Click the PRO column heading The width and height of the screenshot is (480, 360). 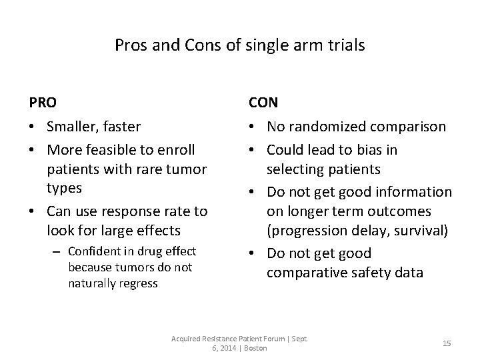(43, 103)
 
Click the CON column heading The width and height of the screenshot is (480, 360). (263, 103)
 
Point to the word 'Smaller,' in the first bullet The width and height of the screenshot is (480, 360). (71, 126)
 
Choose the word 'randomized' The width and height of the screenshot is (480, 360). (324, 126)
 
